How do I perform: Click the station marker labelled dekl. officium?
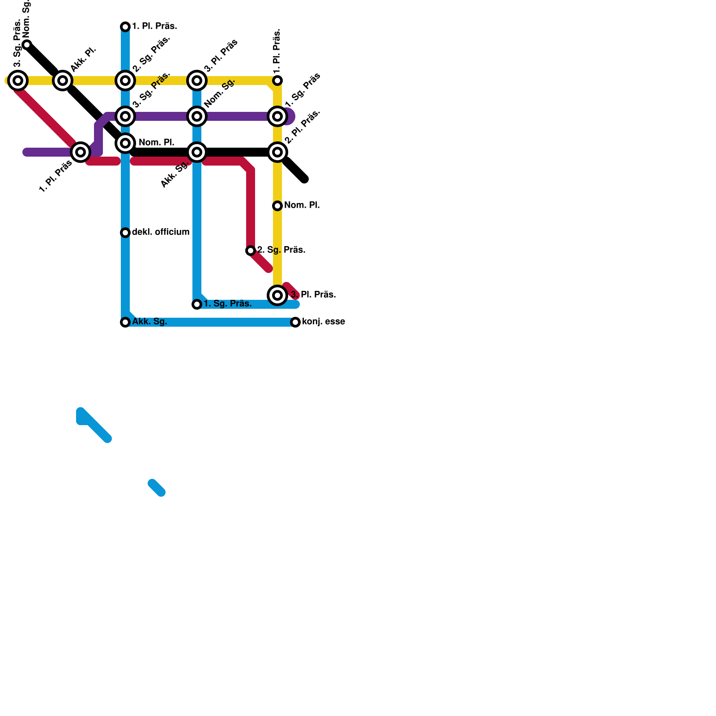pyautogui.click(x=125, y=233)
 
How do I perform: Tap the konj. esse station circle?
pyautogui.click(x=295, y=322)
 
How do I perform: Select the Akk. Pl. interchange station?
pyautogui.click(x=63, y=81)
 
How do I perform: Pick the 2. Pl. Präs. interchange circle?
pyautogui.click(x=277, y=152)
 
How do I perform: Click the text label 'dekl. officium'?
pyautogui.click(x=161, y=232)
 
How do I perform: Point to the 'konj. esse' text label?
pyautogui.click(x=323, y=322)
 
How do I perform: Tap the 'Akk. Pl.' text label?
pyautogui.click(x=84, y=59)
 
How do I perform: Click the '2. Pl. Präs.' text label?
pyautogui.click(x=303, y=127)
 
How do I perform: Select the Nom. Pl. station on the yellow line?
pyautogui.click(x=277, y=206)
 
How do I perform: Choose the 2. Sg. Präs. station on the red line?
pyautogui.click(x=251, y=251)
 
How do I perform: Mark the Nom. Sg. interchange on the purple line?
pyautogui.click(x=197, y=116)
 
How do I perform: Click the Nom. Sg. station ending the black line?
pyautogui.click(x=27, y=44)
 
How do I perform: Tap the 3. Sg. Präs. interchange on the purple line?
pyautogui.click(x=125, y=116)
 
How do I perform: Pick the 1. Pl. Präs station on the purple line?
pyautogui.click(x=81, y=152)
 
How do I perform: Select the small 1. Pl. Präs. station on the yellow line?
pyautogui.click(x=277, y=81)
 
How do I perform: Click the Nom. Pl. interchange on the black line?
pyautogui.click(x=125, y=143)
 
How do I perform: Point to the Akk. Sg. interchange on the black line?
pyautogui.click(x=197, y=152)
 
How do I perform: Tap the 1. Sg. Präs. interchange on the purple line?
pyautogui.click(x=277, y=116)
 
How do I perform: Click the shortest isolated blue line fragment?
pyautogui.click(x=157, y=488)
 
